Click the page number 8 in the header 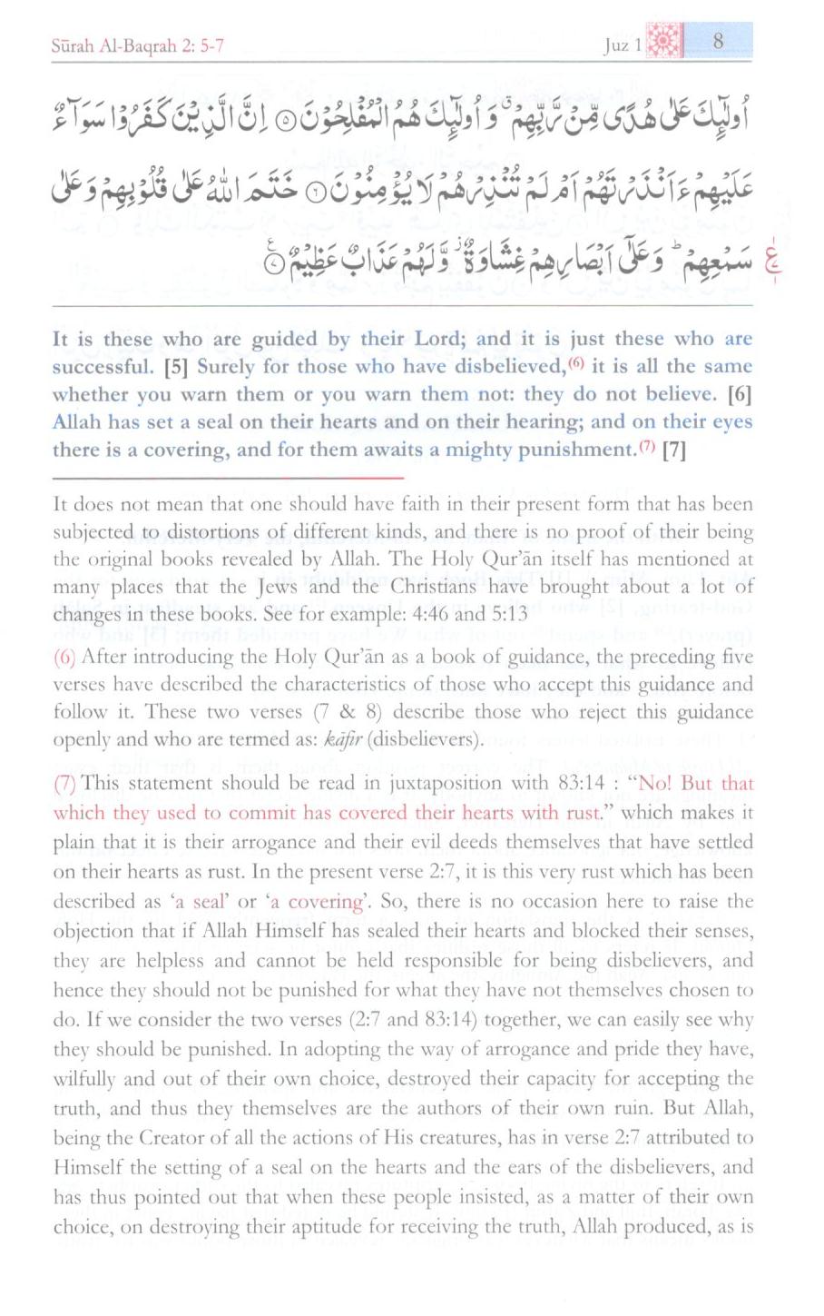[717, 41]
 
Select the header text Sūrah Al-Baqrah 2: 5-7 [136, 45]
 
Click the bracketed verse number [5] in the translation [177, 367]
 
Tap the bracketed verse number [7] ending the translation [673, 450]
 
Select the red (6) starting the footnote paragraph [64, 657]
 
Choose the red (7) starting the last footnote [64, 784]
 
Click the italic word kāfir [343, 739]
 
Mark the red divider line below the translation [227, 477]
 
